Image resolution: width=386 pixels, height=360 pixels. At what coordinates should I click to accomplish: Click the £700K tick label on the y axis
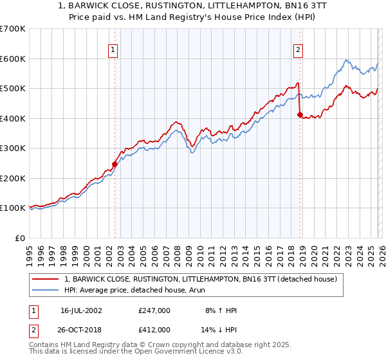coord(13,29)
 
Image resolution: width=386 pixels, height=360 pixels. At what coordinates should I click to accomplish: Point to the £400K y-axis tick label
coord(13,118)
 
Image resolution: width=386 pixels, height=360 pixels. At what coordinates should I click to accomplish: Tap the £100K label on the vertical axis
coord(13,208)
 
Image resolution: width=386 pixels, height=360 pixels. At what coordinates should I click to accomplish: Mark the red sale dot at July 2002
coord(115,164)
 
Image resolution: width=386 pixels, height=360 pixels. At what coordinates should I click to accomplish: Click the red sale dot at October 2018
coord(300,115)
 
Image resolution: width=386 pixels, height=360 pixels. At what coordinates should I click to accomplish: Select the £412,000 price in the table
coord(154,329)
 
